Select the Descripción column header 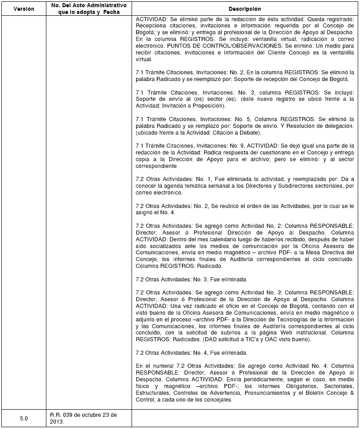[x=245, y=9]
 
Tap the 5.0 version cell [x=23, y=418]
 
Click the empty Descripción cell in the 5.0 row [x=245, y=418]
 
